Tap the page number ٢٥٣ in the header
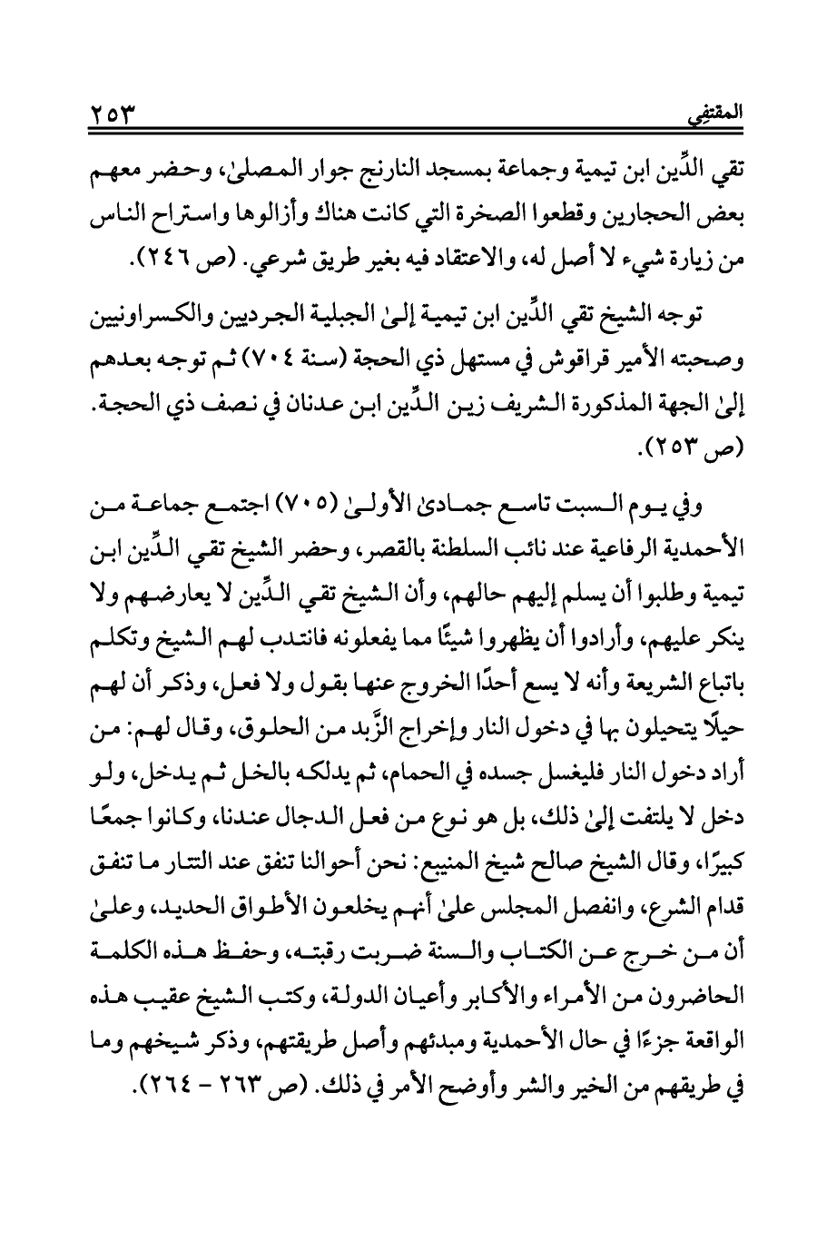(113, 116)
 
